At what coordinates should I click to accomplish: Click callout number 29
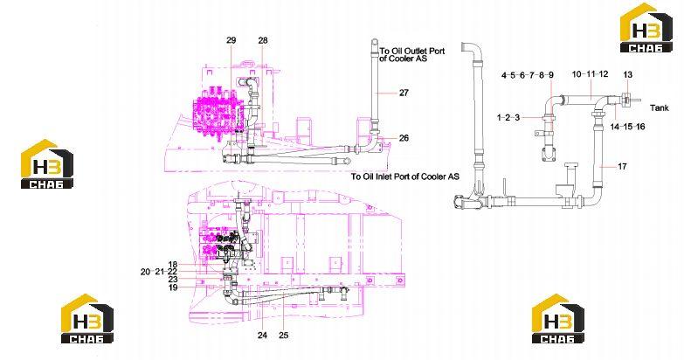[231, 40]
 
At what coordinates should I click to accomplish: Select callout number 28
[263, 40]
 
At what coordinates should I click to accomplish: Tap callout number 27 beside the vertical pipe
[404, 93]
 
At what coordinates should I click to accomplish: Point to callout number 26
[404, 138]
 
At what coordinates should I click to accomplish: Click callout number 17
[622, 167]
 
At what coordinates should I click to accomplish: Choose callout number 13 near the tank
[627, 75]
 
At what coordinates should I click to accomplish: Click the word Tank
[660, 107]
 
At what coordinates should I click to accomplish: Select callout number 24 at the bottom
[263, 336]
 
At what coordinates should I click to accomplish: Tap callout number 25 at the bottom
[284, 336]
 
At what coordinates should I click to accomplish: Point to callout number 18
[172, 265]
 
